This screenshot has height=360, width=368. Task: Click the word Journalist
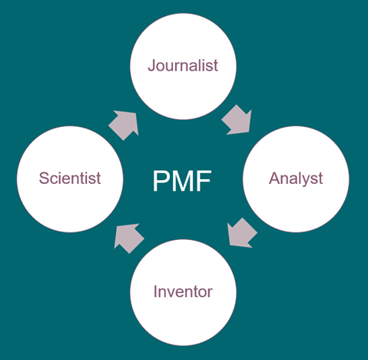click(x=183, y=65)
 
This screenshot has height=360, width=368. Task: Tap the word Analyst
click(x=296, y=178)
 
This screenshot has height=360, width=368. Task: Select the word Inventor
click(x=183, y=292)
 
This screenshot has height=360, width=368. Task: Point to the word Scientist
click(x=70, y=178)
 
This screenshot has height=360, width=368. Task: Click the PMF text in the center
click(x=182, y=181)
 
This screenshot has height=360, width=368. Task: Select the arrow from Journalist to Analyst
click(x=237, y=120)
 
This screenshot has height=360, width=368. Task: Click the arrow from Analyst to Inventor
click(x=242, y=233)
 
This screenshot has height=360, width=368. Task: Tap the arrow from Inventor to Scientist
click(x=129, y=238)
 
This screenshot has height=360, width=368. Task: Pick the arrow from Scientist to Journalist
click(x=124, y=125)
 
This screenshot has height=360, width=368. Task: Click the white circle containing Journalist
click(x=183, y=66)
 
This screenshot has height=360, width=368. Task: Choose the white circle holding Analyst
click(x=296, y=179)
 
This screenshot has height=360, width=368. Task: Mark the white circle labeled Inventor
click(x=183, y=292)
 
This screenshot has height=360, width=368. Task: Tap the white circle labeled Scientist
click(x=70, y=179)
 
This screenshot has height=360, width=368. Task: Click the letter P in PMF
click(x=161, y=181)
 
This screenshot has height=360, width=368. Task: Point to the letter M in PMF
click(x=182, y=181)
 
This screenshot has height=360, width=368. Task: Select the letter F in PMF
click(x=204, y=181)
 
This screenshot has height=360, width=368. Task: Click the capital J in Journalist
click(x=151, y=65)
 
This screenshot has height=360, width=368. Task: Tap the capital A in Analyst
click(x=274, y=178)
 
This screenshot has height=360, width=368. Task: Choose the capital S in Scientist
click(x=44, y=178)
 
